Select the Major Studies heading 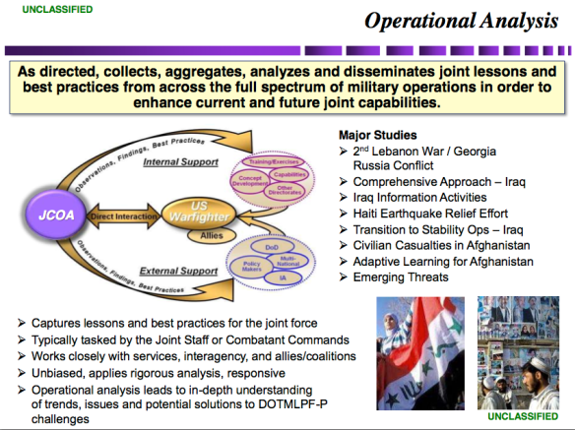tap(377, 135)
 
